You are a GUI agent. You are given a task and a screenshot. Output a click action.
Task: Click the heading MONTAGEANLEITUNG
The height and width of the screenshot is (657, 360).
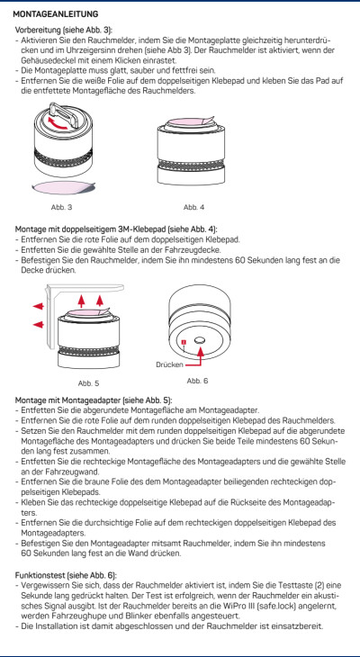(x=56, y=13)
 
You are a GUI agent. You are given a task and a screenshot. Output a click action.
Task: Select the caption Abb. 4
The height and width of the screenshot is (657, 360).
(x=193, y=207)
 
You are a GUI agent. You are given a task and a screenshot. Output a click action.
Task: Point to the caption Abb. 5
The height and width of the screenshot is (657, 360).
(x=88, y=383)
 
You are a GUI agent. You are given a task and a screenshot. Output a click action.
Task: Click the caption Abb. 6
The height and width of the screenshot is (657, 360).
(x=197, y=381)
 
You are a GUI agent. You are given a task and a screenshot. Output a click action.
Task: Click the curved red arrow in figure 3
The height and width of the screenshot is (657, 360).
(x=58, y=123)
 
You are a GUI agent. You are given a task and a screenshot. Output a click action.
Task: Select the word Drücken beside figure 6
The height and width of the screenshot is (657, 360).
(x=169, y=365)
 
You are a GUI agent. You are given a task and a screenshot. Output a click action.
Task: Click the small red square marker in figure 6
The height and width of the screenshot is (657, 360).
(x=184, y=343)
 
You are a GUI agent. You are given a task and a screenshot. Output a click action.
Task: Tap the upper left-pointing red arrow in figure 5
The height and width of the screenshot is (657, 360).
(x=38, y=306)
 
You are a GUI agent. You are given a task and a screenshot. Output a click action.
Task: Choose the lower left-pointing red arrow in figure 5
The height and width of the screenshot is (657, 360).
(x=38, y=324)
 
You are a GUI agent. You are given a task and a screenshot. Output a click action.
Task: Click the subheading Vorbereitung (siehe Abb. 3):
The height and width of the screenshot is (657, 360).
(x=64, y=31)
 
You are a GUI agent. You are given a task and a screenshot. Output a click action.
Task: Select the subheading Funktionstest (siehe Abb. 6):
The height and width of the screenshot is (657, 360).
(x=66, y=575)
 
